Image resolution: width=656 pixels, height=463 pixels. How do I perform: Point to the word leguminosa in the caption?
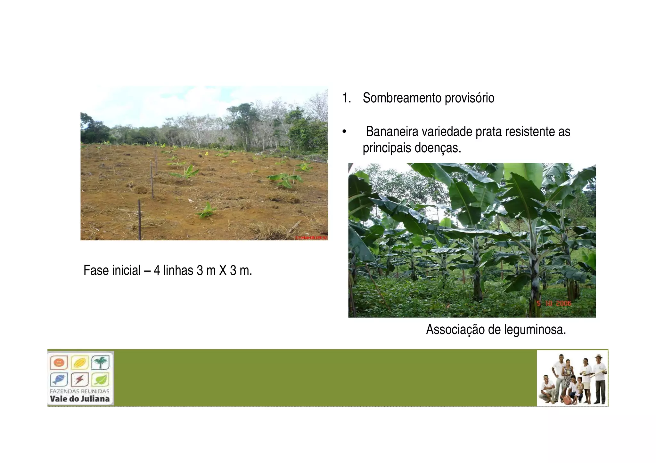click(535, 330)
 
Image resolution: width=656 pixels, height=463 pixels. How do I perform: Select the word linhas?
click(178, 270)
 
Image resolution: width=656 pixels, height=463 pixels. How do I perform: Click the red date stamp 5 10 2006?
click(554, 303)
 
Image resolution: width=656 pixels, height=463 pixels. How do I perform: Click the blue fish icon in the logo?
click(59, 380)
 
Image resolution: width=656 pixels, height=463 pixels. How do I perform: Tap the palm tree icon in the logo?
click(100, 363)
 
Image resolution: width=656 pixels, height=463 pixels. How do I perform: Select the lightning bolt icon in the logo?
click(79, 380)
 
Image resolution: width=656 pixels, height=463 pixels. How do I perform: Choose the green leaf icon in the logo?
click(100, 380)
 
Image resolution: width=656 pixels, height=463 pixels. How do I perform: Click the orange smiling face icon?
click(59, 363)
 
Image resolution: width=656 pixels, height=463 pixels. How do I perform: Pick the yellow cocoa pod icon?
click(79, 363)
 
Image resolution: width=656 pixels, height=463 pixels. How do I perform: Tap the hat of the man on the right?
click(598, 356)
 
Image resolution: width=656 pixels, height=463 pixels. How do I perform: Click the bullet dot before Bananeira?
click(344, 132)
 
